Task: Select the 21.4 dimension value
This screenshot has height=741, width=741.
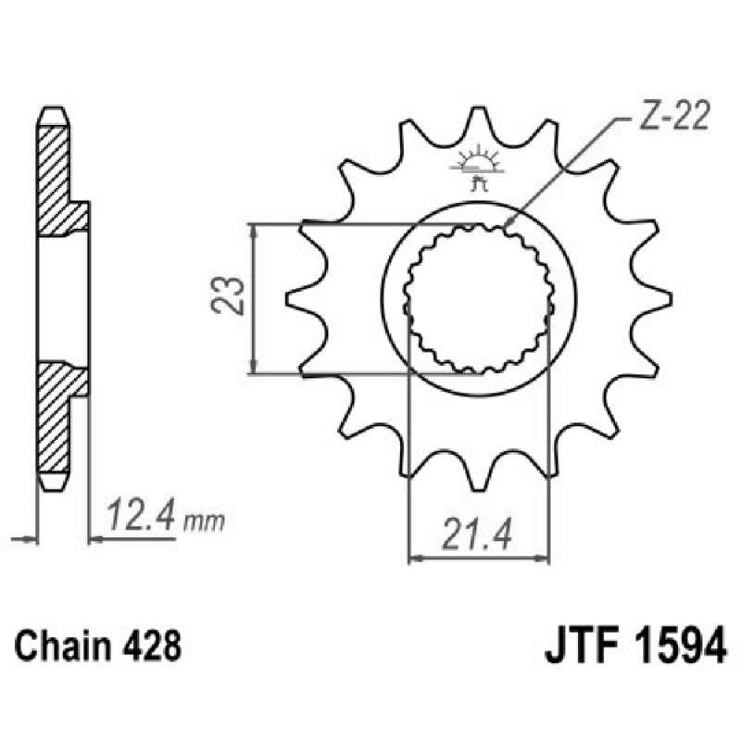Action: pyautogui.click(x=479, y=535)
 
